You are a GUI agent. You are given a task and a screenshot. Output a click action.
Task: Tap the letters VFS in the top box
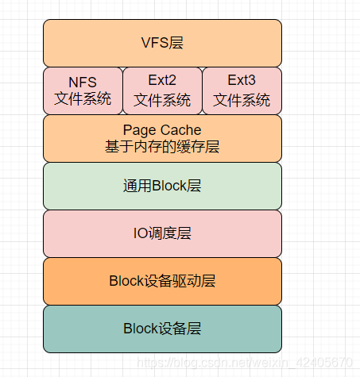point(154,43)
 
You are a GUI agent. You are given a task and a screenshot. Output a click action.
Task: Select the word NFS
point(83,82)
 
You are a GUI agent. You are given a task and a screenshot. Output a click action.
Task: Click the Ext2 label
point(162,80)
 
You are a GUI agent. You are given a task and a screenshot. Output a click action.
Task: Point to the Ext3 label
point(242,80)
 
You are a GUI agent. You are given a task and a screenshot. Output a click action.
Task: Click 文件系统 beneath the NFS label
point(83,100)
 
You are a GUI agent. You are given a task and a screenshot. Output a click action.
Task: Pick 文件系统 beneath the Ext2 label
point(162,100)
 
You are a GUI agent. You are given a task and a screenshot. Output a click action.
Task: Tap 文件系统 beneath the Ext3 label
point(242,100)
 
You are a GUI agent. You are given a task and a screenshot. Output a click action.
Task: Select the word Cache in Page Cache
point(182,130)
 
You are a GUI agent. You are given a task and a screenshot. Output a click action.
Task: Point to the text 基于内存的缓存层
point(162,147)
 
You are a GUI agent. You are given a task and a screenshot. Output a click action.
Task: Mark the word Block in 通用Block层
point(168,186)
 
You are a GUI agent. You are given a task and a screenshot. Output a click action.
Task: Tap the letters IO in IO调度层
point(140,233)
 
